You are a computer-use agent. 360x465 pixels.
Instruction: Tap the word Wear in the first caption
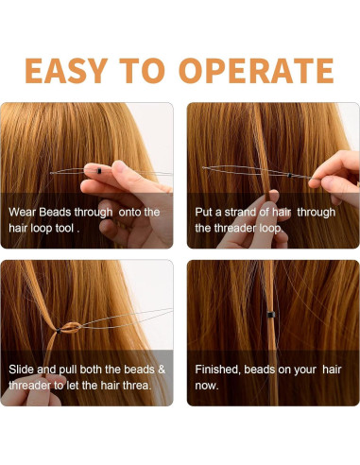(25, 212)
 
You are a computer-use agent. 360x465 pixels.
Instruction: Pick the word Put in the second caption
(206, 212)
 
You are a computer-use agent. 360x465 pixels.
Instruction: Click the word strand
(248, 212)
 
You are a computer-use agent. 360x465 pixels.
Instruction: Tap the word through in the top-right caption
(326, 212)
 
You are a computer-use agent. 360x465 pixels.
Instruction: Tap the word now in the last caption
(208, 384)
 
